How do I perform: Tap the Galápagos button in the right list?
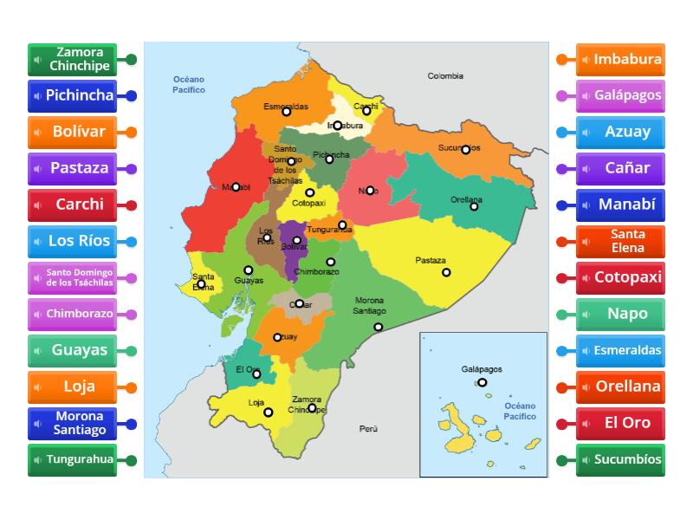point(620,95)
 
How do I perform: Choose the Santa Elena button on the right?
point(620,241)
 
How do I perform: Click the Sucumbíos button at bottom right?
point(620,459)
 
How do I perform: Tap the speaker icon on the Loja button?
point(38,387)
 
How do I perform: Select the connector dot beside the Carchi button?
point(131,205)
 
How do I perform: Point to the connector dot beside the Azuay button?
point(561,133)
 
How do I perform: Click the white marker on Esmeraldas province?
point(287,111)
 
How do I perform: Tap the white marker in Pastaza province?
point(446,272)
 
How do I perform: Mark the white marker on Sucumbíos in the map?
point(465,150)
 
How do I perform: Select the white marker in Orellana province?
point(474,206)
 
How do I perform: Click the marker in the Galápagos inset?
point(482,382)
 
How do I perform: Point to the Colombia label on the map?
point(445,76)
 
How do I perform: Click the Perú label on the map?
point(369,429)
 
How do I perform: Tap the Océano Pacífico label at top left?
point(188,84)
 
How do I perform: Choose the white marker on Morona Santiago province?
point(379,327)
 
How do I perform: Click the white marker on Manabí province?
point(235,186)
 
